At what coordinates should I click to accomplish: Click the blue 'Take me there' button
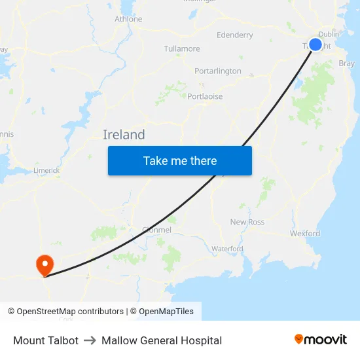click(x=180, y=160)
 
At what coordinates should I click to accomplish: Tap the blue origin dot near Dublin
click(x=315, y=45)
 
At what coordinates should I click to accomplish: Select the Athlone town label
click(x=128, y=19)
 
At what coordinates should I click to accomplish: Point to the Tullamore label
click(x=182, y=49)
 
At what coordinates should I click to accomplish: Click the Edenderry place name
click(x=234, y=35)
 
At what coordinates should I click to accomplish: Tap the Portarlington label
click(x=218, y=71)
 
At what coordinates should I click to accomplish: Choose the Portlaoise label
click(x=205, y=97)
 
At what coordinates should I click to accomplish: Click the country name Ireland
click(x=124, y=135)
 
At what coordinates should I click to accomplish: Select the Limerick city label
click(x=46, y=171)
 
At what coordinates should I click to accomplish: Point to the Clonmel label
click(x=156, y=230)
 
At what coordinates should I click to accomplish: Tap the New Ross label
click(x=247, y=223)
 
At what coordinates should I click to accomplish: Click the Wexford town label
click(x=305, y=234)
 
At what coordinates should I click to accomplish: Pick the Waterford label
click(x=227, y=249)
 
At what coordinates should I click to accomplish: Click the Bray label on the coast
click(x=347, y=64)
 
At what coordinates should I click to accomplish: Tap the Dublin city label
click(x=328, y=35)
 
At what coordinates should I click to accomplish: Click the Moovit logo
click(x=321, y=340)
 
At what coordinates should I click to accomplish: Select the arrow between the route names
click(x=90, y=340)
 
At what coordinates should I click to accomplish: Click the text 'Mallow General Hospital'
click(x=162, y=340)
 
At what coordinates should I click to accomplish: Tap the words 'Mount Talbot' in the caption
click(x=46, y=340)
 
